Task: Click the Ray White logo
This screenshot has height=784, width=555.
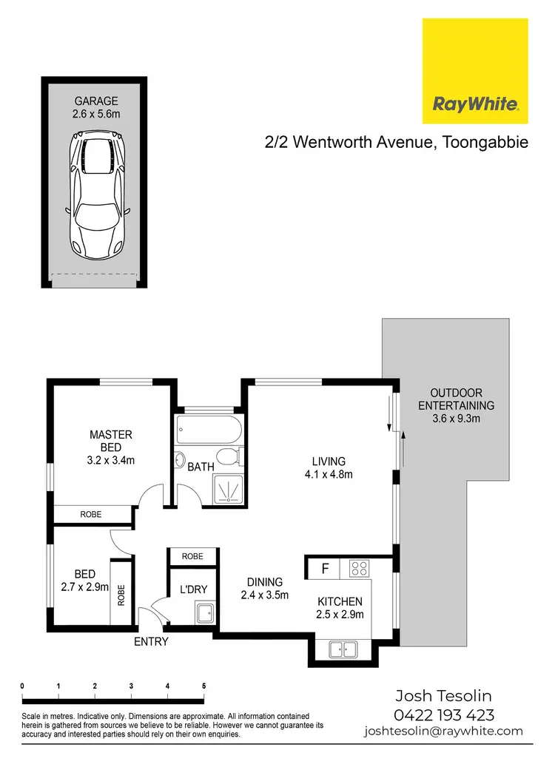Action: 475,72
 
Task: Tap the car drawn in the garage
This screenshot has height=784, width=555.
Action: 95,193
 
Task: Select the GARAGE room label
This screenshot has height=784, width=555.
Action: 95,101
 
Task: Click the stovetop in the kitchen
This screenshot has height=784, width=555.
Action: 360,569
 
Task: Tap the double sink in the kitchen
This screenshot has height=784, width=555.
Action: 342,650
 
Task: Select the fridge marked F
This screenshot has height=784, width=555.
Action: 323,569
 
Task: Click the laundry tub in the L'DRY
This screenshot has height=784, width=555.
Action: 204,613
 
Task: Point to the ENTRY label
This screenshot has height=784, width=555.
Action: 151,642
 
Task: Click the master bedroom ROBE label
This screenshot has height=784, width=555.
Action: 91,514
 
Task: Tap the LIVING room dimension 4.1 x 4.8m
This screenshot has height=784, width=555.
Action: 328,474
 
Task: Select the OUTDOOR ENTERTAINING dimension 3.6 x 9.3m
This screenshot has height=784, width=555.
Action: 455,419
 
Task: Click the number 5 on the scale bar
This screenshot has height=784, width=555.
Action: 203,686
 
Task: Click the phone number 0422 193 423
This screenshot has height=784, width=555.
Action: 444,715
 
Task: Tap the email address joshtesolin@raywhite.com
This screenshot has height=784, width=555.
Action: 443,731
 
